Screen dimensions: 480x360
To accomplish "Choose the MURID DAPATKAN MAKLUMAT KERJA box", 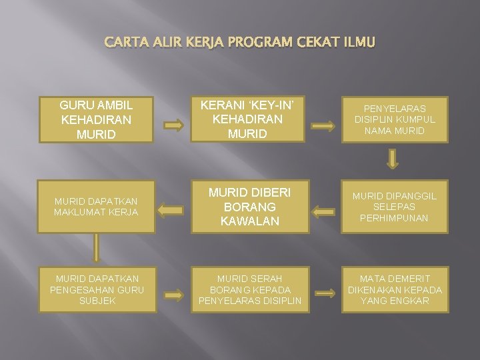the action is point(96,207).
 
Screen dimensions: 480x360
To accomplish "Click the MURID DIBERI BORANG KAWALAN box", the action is point(250,207).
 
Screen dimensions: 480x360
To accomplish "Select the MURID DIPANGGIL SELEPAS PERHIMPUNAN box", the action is point(394,207).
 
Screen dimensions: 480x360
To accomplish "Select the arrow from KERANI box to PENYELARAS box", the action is point(325,124).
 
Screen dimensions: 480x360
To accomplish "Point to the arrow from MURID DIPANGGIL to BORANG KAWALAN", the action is point(325,213).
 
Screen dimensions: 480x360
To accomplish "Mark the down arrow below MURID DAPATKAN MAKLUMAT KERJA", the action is point(96,247).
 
